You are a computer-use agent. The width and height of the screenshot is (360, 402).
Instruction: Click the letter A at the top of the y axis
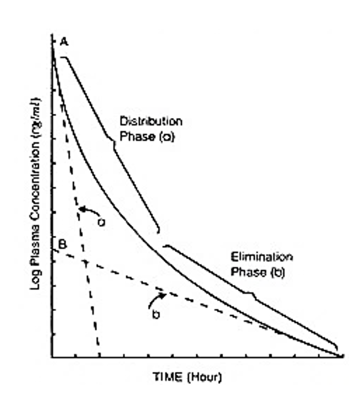pyautogui.click(x=64, y=43)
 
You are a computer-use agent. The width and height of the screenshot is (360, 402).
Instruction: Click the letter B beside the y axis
pyautogui.click(x=62, y=245)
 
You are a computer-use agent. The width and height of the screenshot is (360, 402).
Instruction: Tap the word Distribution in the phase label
pyautogui.click(x=150, y=122)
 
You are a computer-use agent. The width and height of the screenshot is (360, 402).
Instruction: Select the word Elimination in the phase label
pyautogui.click(x=254, y=258)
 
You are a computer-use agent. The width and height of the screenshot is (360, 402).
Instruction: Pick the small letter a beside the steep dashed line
pyautogui.click(x=102, y=222)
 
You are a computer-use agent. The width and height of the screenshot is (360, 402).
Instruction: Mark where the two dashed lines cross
pyautogui.click(x=86, y=262)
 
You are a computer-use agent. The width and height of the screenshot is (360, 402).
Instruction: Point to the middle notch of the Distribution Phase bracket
pyautogui.click(x=112, y=142)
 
